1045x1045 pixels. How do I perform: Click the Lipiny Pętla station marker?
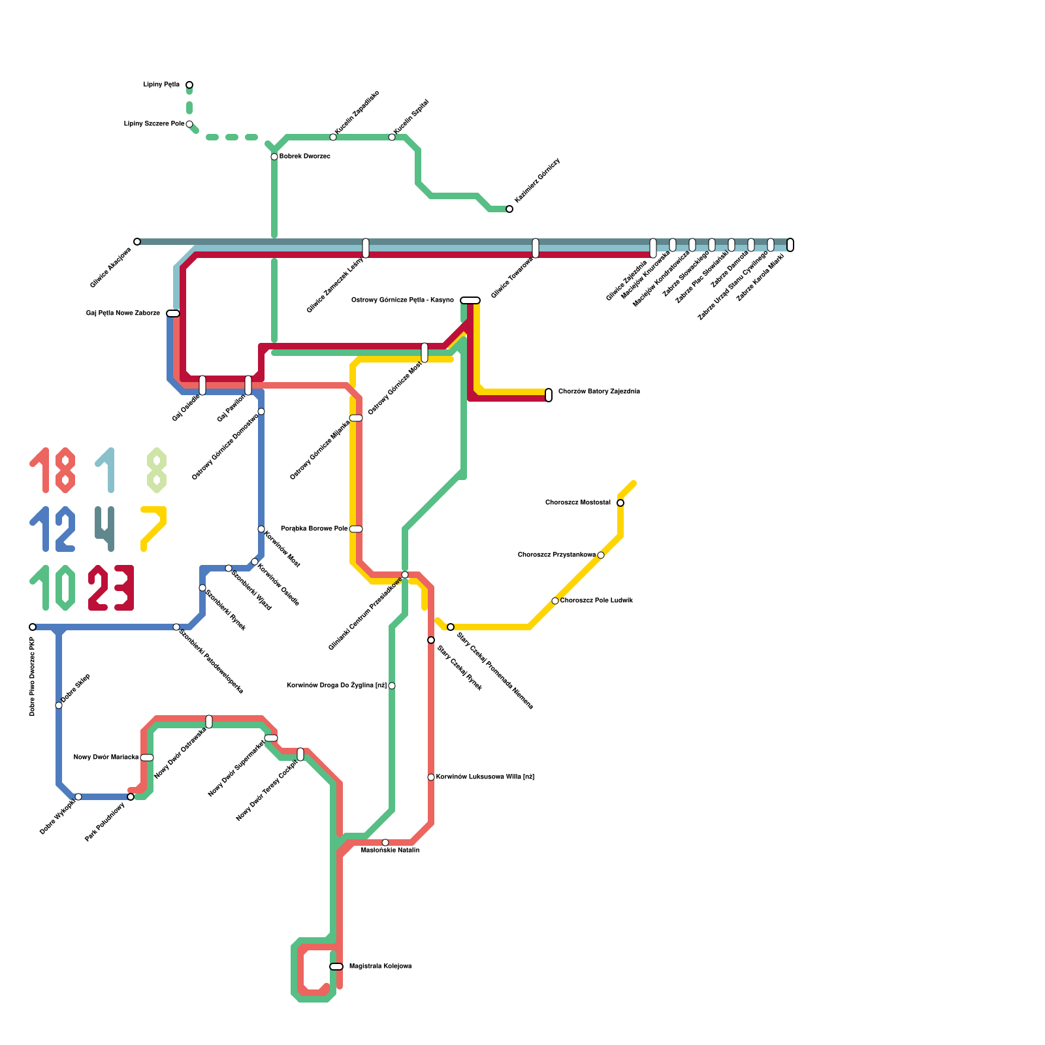click(189, 85)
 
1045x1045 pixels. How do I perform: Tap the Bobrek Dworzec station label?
click(304, 157)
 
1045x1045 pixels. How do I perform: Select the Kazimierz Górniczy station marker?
click(509, 209)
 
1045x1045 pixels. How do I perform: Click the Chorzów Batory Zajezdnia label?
click(598, 392)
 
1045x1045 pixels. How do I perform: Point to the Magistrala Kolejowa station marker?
click(336, 967)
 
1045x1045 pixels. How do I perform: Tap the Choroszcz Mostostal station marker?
click(620, 503)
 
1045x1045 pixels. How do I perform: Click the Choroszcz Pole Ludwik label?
click(596, 601)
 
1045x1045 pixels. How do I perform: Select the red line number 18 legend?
click(52, 470)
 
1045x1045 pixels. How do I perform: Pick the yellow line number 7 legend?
click(154, 528)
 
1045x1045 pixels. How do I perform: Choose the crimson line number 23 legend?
click(111, 588)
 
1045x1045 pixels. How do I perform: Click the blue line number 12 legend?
click(52, 529)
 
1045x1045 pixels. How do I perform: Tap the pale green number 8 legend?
click(157, 470)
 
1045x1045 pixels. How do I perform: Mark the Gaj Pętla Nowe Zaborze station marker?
click(173, 313)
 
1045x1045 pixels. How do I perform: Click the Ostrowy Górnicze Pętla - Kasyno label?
click(402, 300)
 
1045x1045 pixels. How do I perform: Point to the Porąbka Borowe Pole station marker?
click(356, 529)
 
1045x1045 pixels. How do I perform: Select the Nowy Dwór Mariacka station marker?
click(147, 758)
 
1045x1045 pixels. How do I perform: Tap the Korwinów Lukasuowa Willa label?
click(485, 777)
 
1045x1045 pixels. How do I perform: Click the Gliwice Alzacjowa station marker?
click(137, 242)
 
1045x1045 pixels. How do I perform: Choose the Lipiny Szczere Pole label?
click(153, 124)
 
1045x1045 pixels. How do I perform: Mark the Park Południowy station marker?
click(131, 797)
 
